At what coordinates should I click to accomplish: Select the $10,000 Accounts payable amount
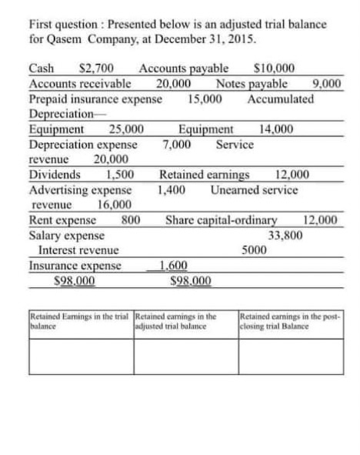click(x=278, y=70)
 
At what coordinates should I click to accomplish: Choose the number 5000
click(x=255, y=250)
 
